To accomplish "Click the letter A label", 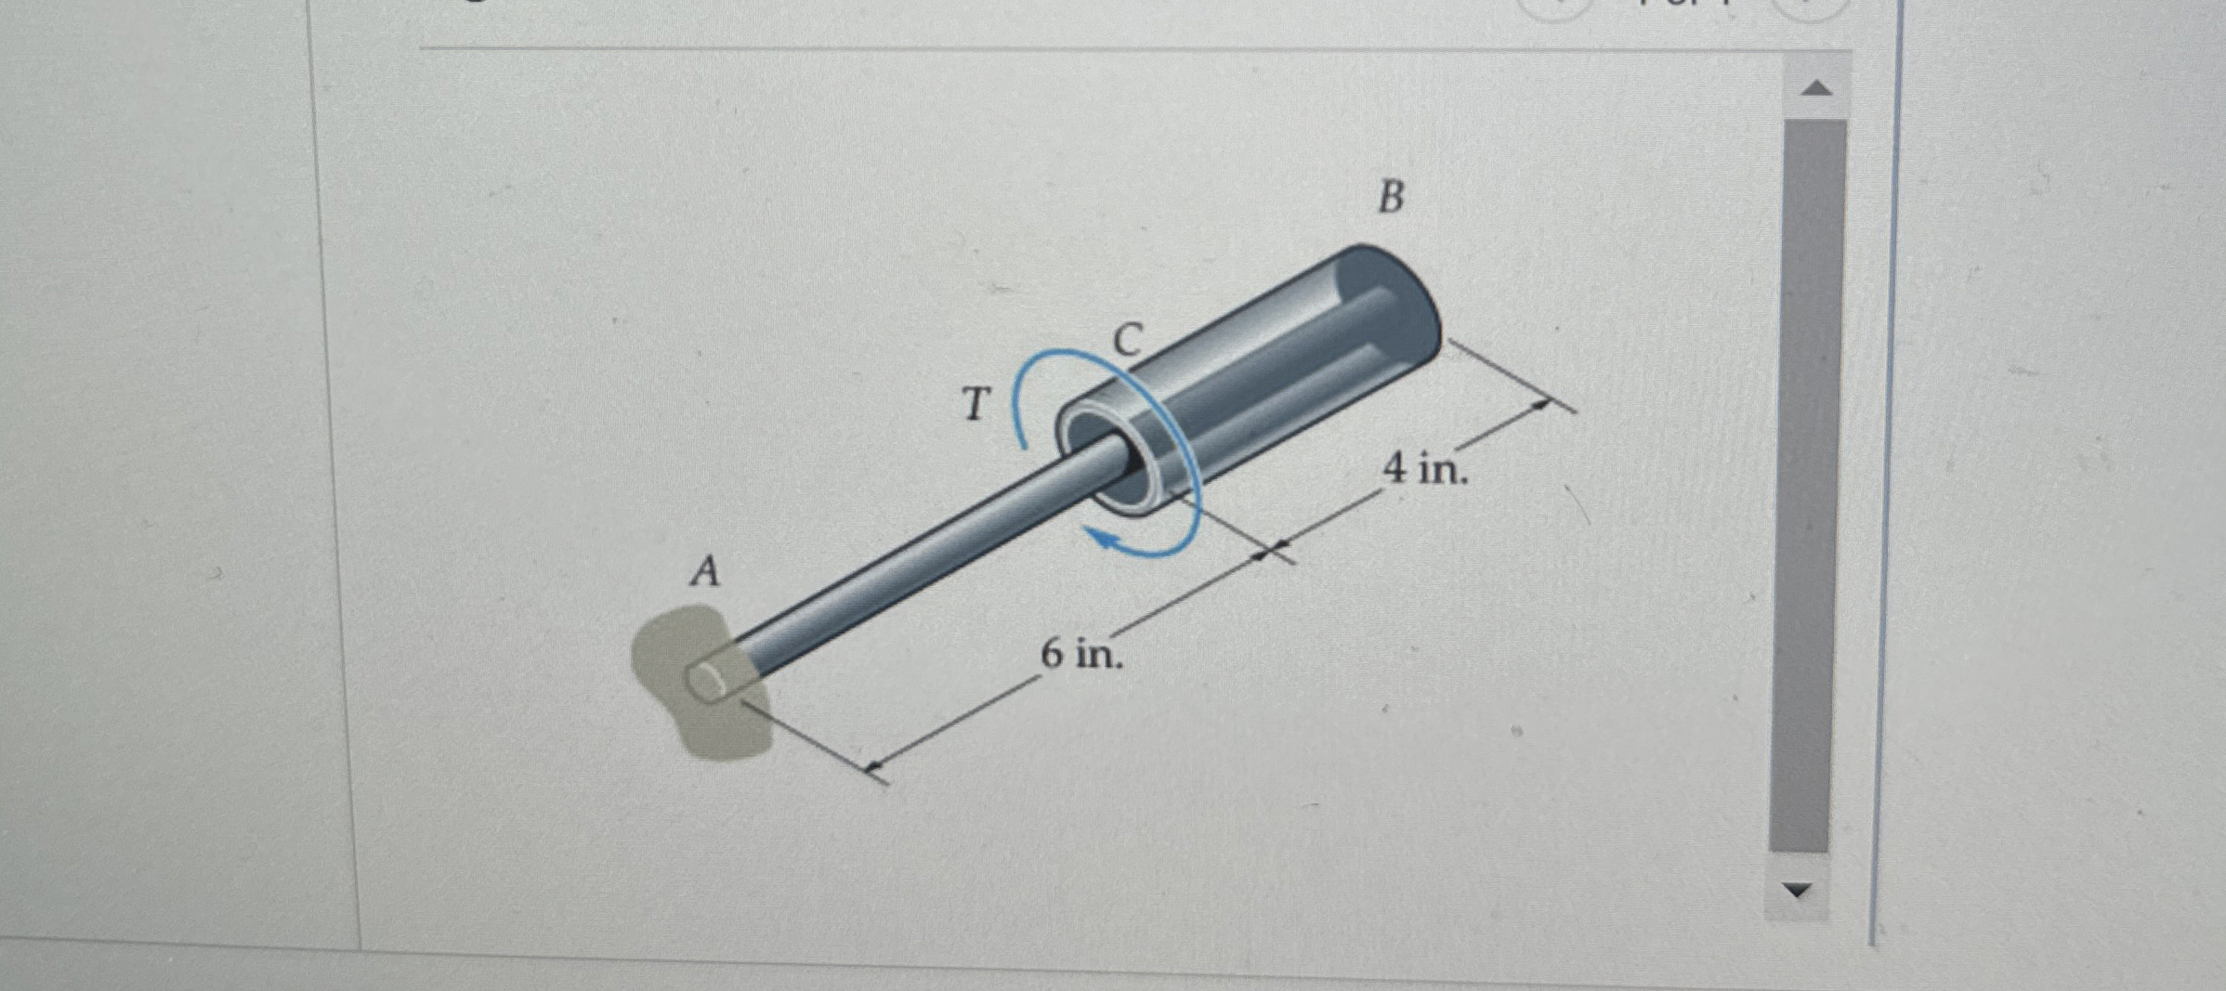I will point(705,570).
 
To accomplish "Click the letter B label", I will point(1390,197).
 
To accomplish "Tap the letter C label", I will point(1127,340).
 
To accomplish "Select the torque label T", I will point(975,404).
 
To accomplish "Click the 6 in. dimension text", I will point(1080,654).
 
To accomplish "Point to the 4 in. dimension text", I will point(1424,467).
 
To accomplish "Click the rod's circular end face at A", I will point(708,683).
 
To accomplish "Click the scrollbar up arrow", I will point(1816,89).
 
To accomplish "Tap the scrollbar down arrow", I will point(1798,890).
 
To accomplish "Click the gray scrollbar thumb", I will point(1807,483).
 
